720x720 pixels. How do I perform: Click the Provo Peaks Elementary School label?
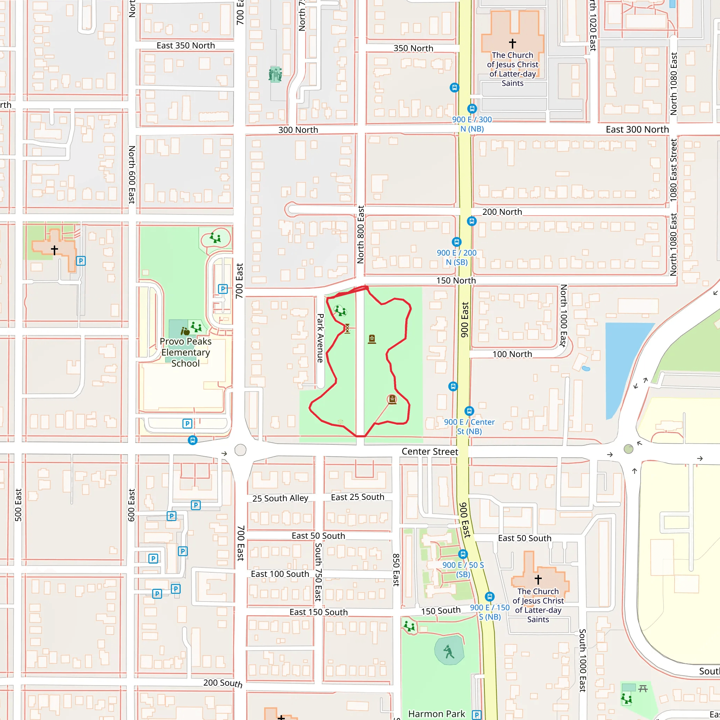coord(186,352)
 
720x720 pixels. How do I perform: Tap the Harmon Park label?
coord(436,714)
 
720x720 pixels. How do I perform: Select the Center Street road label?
coord(430,452)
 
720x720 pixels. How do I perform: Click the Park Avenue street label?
coord(320,338)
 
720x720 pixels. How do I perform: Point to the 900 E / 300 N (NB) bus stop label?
coord(472,124)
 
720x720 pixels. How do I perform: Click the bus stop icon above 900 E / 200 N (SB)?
coord(457,242)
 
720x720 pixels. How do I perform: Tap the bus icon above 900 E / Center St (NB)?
coord(469,411)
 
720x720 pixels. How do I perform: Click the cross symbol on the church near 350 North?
coord(513,43)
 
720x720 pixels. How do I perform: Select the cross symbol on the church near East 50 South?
coord(538,579)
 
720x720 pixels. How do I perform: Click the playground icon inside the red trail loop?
coord(340,310)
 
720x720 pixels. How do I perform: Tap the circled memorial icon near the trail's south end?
coord(392,399)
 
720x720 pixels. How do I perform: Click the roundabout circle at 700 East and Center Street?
coord(240,450)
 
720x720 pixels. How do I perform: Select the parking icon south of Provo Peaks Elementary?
coord(187,424)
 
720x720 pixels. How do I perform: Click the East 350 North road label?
coord(186,45)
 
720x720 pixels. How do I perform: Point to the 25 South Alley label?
coord(280,498)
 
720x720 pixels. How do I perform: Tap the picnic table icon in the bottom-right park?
coord(643,689)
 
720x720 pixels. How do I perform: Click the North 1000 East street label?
coord(564,316)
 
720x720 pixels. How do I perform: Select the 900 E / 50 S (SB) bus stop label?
coord(463,570)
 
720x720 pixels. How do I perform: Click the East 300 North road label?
coord(637,129)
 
